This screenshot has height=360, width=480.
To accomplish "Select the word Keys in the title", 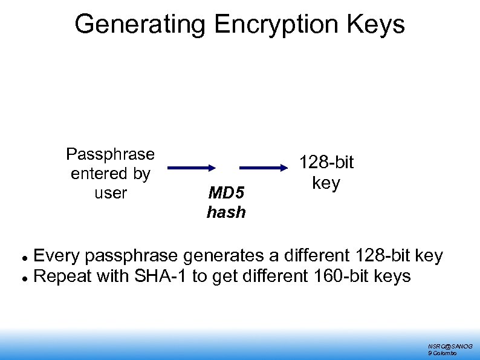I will (380, 25).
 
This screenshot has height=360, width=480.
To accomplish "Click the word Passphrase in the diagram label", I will (110, 154).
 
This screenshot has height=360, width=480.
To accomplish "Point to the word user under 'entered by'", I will (111, 193).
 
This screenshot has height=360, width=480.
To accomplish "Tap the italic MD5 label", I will (226, 193).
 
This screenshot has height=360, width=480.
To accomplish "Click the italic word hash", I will (226, 212).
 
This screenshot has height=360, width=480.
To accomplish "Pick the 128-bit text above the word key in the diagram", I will (326, 163).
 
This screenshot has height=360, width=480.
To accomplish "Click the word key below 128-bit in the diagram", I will (326, 182).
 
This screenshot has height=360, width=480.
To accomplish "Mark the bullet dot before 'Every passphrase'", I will (22, 257).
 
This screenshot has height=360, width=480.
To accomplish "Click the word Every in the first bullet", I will (57, 256).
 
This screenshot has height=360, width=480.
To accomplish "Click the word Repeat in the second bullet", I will (63, 277).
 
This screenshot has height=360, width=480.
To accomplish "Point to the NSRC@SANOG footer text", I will (450, 345).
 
